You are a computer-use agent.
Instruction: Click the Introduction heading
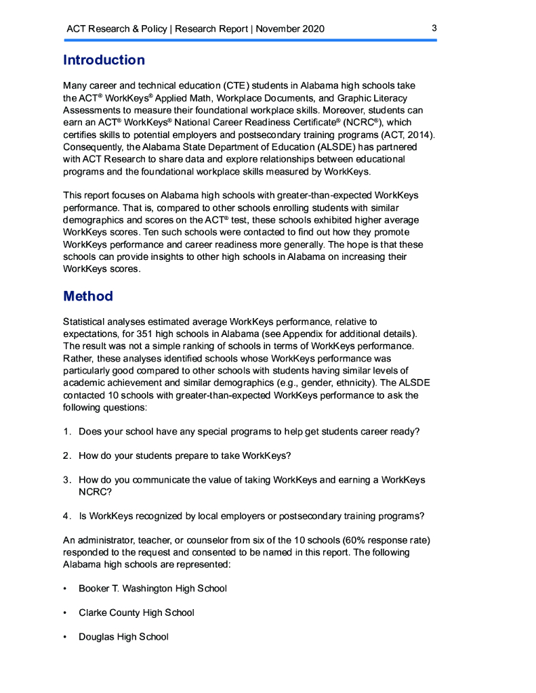[x=104, y=60]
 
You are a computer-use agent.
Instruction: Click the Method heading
[x=88, y=296]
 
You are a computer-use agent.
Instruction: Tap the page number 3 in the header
[x=434, y=28]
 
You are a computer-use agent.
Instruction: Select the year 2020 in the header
[x=313, y=29]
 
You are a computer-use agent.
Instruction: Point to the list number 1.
[x=67, y=432]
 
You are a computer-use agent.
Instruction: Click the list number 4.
[x=67, y=516]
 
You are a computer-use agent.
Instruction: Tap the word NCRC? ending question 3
[x=96, y=492]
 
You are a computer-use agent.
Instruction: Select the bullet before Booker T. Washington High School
[x=65, y=589]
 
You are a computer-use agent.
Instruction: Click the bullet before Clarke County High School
[x=65, y=613]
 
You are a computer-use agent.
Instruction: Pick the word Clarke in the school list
[x=94, y=613]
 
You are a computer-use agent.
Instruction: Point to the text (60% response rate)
[x=376, y=540]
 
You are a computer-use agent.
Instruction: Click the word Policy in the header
[x=154, y=29]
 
